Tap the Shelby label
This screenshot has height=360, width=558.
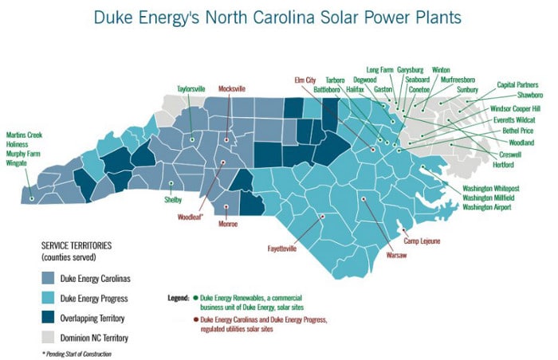point(173,200)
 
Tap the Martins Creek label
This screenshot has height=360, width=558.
point(24,134)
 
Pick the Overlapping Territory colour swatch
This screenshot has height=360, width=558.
point(52,317)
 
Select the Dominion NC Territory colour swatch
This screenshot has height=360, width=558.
point(52,337)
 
